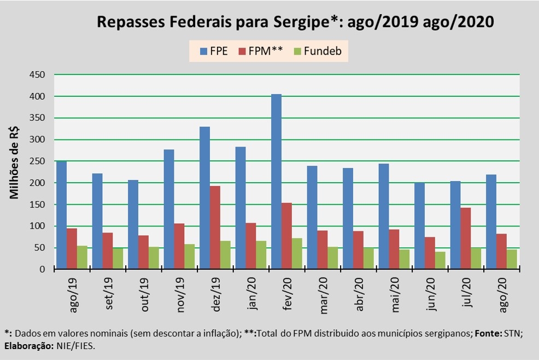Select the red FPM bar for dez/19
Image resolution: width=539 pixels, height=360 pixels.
(x=215, y=228)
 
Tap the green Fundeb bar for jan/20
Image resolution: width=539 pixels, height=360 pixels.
(x=261, y=255)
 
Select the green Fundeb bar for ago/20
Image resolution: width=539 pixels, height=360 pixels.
(x=512, y=259)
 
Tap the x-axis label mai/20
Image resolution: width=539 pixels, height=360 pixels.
(x=395, y=296)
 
